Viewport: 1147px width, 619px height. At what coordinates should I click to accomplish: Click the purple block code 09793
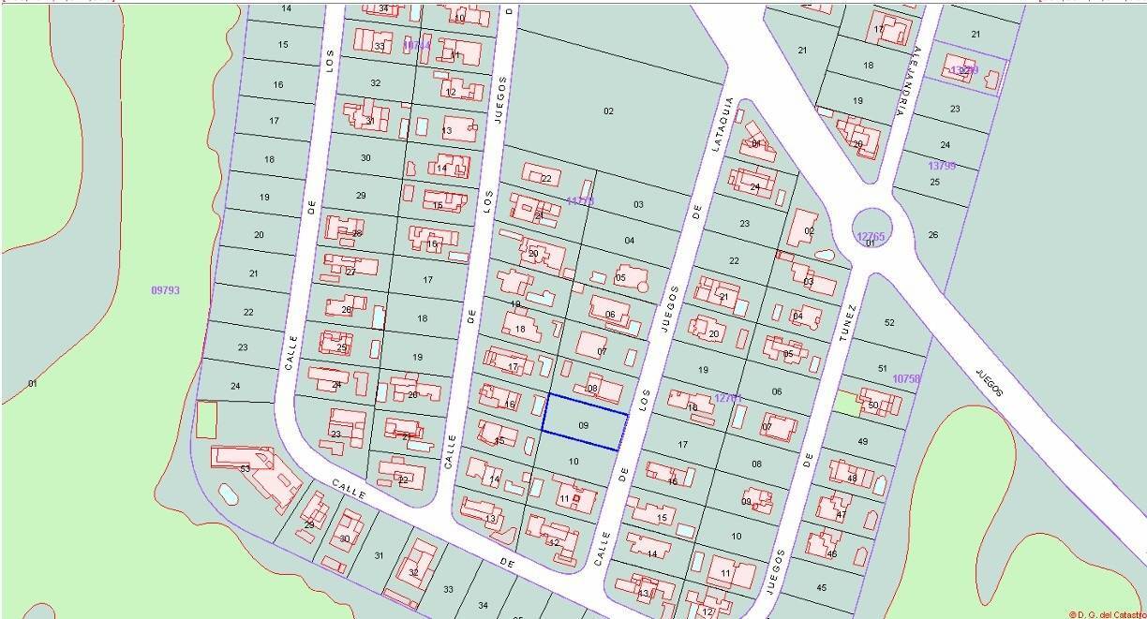click(x=165, y=290)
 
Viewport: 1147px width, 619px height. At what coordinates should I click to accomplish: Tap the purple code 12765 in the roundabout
click(x=871, y=237)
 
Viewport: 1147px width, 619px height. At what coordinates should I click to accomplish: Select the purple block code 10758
click(x=906, y=378)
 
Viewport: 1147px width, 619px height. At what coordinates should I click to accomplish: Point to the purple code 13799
click(x=942, y=166)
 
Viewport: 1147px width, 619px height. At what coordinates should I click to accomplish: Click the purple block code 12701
click(x=728, y=398)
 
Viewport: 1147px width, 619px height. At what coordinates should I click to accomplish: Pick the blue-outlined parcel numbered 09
click(x=585, y=424)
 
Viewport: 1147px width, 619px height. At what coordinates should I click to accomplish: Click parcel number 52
click(x=889, y=323)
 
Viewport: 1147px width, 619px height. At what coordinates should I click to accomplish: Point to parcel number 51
click(x=882, y=369)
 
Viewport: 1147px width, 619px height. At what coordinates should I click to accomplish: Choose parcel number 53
click(x=245, y=468)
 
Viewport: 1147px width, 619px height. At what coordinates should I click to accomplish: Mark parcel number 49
click(x=863, y=441)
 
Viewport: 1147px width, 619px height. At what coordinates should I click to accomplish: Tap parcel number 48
click(x=852, y=478)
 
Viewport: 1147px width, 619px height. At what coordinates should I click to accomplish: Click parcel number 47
click(x=842, y=515)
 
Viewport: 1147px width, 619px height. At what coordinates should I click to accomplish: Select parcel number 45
click(x=822, y=587)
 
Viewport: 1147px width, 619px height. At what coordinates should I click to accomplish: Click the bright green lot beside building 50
click(x=848, y=403)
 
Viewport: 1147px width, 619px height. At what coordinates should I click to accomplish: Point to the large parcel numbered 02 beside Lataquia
click(x=608, y=111)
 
